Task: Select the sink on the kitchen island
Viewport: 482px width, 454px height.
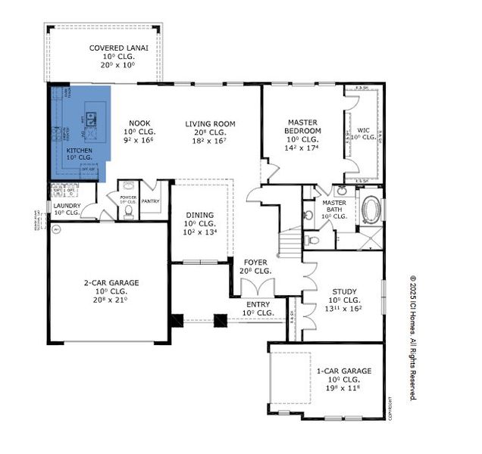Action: coord(92,117)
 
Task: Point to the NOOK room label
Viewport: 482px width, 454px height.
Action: coord(139,123)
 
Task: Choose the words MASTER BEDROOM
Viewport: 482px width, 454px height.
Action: coord(304,126)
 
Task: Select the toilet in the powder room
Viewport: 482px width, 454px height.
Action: coord(128,211)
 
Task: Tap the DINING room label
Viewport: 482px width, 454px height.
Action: coord(200,214)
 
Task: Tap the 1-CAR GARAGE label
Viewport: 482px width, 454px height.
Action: coord(344,371)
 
